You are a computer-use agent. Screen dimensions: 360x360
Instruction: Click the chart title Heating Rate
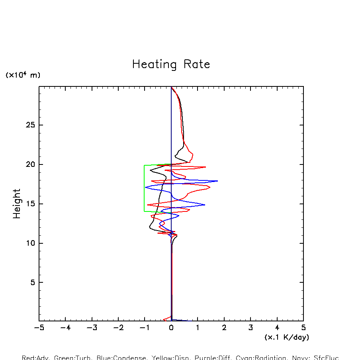171,65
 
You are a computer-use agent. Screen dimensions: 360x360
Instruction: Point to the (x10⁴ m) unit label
23,75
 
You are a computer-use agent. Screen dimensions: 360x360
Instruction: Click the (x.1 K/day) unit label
287,337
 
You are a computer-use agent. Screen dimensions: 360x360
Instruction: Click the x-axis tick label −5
39,328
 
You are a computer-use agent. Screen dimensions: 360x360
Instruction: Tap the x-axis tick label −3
92,328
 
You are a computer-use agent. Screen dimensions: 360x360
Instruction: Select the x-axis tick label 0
171,328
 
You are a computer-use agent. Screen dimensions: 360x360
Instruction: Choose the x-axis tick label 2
224,328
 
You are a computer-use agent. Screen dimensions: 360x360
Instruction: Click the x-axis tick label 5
303,328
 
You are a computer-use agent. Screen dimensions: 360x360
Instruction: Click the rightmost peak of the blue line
217,181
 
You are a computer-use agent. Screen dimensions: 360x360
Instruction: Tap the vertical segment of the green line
144,188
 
